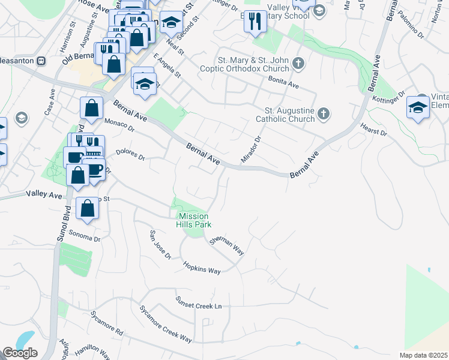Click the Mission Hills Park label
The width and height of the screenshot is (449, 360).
(x=192, y=220)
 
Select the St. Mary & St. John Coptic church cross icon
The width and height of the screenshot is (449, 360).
(x=297, y=63)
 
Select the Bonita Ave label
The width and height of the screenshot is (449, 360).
(x=283, y=83)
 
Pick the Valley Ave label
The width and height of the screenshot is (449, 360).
(x=44, y=195)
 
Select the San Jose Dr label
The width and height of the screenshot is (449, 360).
(x=160, y=245)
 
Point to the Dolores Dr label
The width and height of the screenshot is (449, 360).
(x=130, y=154)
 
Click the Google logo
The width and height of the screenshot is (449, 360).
(x=20, y=353)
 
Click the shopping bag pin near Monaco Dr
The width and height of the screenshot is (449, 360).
(x=91, y=108)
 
